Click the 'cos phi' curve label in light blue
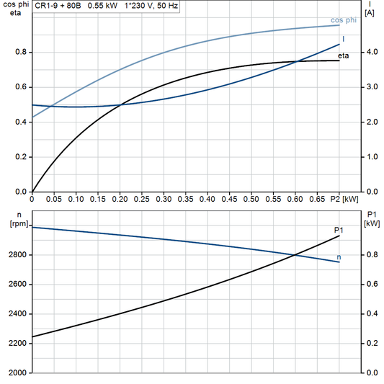[344, 20]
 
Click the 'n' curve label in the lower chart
[339, 257]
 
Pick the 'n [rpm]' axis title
[14, 220]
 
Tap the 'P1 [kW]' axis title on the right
[371, 220]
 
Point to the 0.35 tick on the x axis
[186, 197]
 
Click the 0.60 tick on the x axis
[295, 197]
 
